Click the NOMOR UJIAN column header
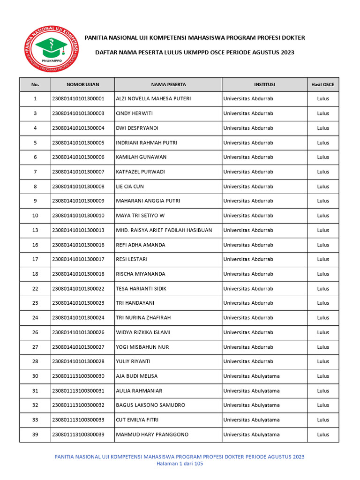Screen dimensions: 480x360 click(82, 84)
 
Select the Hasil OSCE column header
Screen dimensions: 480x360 click(323, 84)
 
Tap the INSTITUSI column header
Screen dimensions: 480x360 click(264, 84)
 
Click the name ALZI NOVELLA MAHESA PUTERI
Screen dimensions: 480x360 click(153, 99)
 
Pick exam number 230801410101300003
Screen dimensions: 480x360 click(78, 113)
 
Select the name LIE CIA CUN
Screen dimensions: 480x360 click(130, 187)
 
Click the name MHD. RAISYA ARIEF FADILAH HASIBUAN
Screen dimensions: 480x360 click(164, 230)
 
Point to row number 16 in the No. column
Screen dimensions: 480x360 click(35, 245)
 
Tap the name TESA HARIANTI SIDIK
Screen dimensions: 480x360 click(141, 289)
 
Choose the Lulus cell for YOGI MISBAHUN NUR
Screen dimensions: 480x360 click(323, 347)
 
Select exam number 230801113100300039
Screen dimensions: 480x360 click(78, 435)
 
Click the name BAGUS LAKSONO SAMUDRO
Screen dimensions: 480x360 click(150, 405)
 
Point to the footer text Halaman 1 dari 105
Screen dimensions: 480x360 click(180, 463)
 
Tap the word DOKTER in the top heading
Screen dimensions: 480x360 click(294, 37)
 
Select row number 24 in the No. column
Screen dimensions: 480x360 click(35, 318)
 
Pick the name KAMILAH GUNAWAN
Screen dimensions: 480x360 click(141, 157)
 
